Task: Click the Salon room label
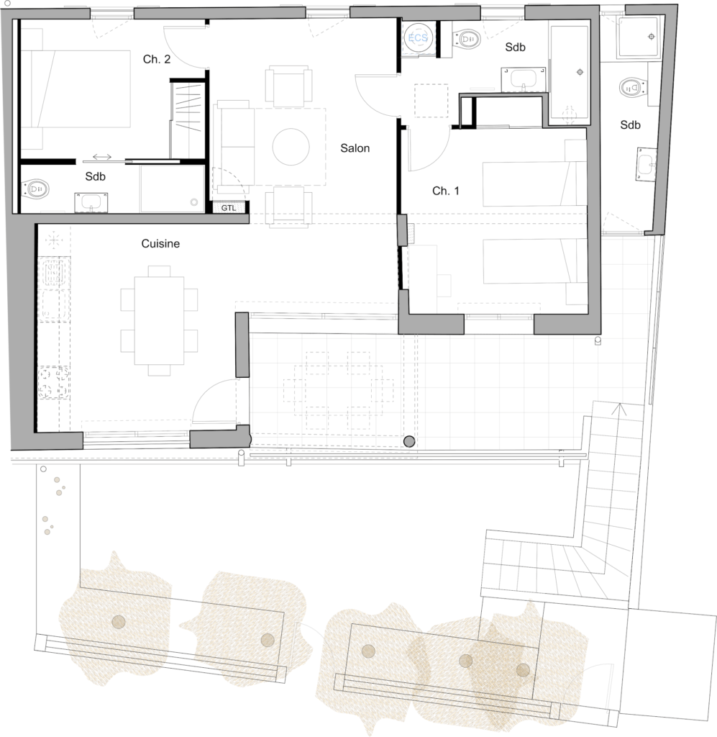click(355, 148)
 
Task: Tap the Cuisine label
click(160, 243)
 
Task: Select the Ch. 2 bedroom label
click(157, 59)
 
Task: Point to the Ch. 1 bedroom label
click(446, 191)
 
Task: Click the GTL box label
click(229, 208)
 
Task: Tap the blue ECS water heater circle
click(417, 37)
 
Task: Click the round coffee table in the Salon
click(291, 147)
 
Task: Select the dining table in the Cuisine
click(159, 320)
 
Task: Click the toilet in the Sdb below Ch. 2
click(36, 189)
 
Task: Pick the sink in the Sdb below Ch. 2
click(91, 202)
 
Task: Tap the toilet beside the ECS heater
click(467, 40)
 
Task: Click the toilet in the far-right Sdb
click(633, 87)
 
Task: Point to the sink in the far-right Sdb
click(647, 164)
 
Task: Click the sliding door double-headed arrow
click(102, 156)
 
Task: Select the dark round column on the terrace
click(409, 441)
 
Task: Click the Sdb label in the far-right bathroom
click(630, 125)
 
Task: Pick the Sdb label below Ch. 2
click(96, 177)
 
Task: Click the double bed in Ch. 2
click(75, 89)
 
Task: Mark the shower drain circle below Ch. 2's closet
click(194, 202)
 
